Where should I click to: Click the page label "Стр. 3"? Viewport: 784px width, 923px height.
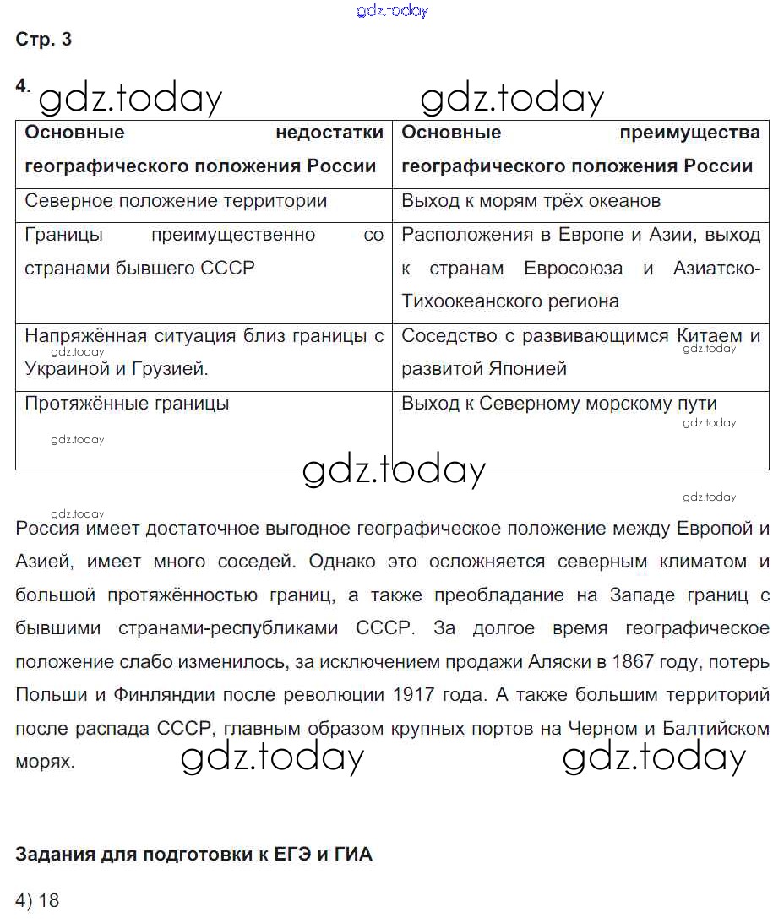(44, 40)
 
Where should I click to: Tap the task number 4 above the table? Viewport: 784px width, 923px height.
(23, 85)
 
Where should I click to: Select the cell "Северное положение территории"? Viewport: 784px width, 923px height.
(176, 201)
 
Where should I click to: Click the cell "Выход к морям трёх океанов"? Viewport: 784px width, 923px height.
(531, 201)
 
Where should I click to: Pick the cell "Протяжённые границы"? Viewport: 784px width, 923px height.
(127, 404)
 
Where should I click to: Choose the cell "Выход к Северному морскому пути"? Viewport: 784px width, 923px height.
(558, 404)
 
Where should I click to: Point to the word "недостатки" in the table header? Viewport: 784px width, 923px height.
(329, 133)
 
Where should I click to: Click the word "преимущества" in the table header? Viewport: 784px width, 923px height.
(689, 133)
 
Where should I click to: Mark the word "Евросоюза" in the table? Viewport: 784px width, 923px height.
(573, 269)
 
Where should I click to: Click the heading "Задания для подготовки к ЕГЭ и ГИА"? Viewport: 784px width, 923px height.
(193, 855)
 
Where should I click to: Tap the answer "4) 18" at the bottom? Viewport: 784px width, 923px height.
(38, 900)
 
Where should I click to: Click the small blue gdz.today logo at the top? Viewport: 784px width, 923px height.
(393, 10)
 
